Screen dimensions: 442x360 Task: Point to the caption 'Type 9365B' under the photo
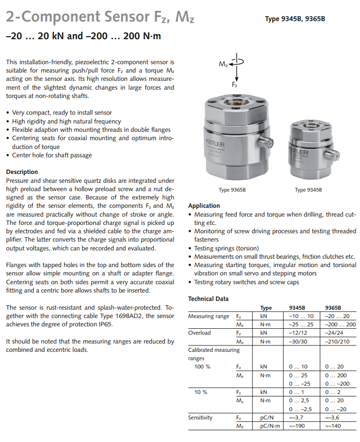pos(231,190)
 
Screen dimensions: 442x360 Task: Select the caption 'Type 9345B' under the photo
pos(307,190)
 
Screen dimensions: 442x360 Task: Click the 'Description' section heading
pos(22,172)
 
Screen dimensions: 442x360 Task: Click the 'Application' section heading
pos(204,206)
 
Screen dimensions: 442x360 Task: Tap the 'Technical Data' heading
pos(208,299)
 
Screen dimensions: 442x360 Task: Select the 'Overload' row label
pos(200,333)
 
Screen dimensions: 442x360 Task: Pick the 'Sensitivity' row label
pos(201,417)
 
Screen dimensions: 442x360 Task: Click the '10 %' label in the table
pos(201,392)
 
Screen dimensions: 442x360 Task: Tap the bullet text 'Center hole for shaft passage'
pos(52,155)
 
